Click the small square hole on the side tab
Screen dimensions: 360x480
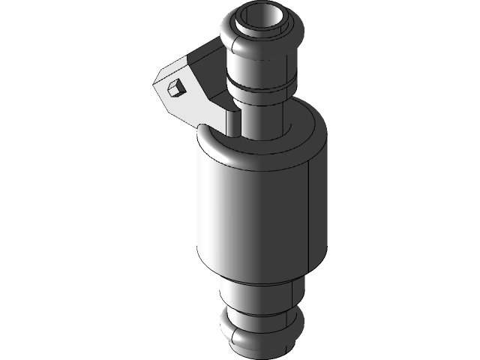click(x=175, y=88)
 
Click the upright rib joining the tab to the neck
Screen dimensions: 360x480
click(x=232, y=120)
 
